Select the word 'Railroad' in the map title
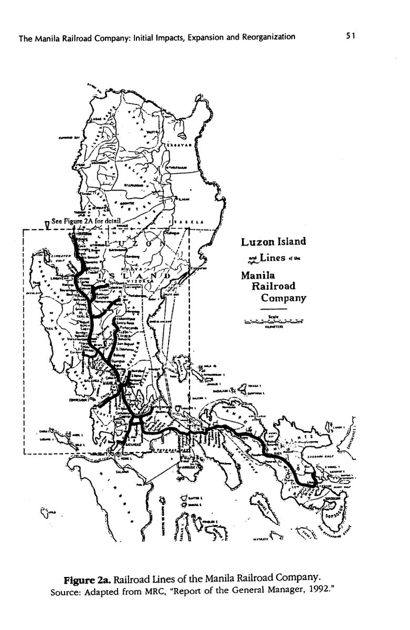[274, 287]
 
